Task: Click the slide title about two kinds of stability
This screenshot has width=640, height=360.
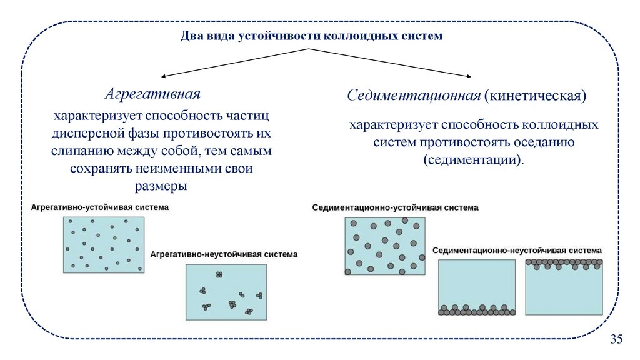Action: click(311, 36)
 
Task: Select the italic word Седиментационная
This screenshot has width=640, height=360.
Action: click(413, 96)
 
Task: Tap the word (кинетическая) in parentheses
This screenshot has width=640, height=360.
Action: click(535, 96)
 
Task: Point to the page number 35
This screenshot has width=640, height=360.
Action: click(616, 339)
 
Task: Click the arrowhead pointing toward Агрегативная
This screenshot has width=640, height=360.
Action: click(164, 76)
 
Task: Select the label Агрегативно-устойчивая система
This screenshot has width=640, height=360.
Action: click(99, 207)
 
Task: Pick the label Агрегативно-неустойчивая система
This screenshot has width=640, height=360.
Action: click(224, 255)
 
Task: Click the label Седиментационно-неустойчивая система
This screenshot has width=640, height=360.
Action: click(517, 249)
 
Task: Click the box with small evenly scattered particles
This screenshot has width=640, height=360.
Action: click(104, 243)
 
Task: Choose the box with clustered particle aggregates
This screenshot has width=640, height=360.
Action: click(227, 292)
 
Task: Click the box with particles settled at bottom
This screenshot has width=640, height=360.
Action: click(477, 287)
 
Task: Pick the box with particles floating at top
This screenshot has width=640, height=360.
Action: click(564, 287)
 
